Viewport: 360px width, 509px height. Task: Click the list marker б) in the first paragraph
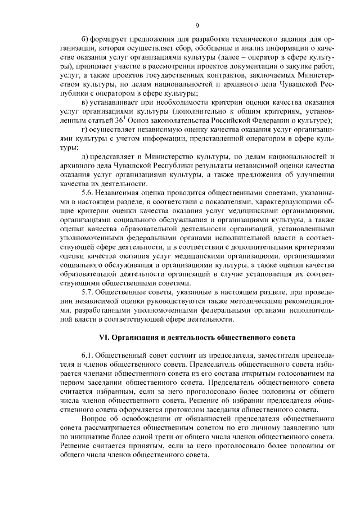(85, 39)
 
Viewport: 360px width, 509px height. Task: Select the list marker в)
(85, 102)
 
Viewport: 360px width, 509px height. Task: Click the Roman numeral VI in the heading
(103, 337)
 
